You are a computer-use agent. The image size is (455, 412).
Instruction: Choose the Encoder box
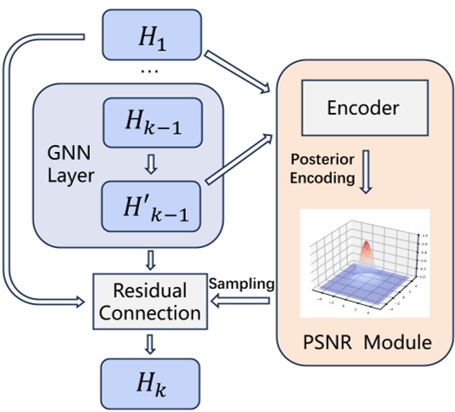click(363, 108)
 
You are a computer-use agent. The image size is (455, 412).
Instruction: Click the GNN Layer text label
click(69, 165)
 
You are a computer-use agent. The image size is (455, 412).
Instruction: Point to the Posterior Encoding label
click(321, 168)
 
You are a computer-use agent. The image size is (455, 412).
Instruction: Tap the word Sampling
click(239, 281)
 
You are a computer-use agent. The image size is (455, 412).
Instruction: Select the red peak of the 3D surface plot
click(366, 249)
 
